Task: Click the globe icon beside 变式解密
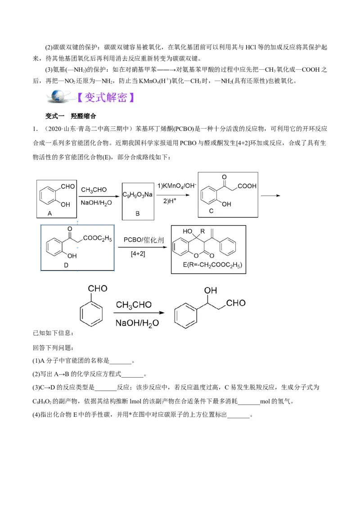tap(58, 97)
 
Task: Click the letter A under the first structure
tap(50, 214)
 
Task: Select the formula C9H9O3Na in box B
tap(137, 195)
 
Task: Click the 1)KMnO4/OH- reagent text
tap(174, 186)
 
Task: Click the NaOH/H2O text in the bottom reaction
tap(137, 322)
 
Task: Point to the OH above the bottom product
tap(211, 291)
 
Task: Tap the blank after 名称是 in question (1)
tap(120, 361)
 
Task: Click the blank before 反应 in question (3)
tap(106, 388)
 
